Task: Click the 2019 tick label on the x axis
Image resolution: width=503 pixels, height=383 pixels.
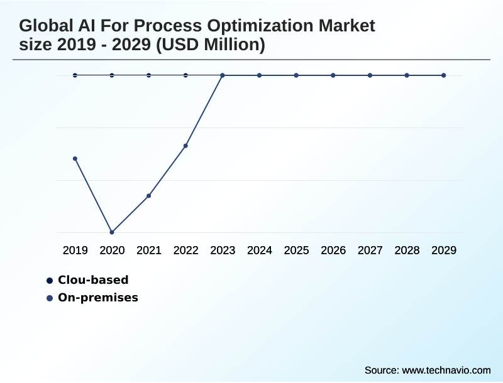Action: pos(75,251)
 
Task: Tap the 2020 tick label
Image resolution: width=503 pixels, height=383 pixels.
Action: pos(112,251)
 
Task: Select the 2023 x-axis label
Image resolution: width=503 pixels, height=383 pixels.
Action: pos(223,251)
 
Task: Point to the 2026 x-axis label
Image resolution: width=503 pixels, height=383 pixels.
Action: pos(333,251)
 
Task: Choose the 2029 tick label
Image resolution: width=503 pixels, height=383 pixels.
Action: pos(444,251)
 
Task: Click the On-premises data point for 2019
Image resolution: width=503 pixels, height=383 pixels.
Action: pos(75,158)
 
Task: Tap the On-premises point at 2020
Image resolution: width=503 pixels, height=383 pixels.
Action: pos(112,232)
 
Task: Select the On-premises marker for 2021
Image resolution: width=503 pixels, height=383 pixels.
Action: pos(149,196)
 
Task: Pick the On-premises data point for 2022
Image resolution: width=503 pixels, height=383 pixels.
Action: pos(185,146)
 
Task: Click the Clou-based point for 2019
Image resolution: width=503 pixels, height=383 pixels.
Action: pos(75,75)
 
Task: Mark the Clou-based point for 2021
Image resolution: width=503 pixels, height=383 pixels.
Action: pos(149,75)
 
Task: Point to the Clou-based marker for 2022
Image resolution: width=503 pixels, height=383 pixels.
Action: pos(185,75)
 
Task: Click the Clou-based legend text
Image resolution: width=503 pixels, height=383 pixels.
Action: pos(93,280)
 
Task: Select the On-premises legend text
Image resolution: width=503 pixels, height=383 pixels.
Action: pos(98,298)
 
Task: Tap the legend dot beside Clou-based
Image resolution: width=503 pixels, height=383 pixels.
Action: pos(50,281)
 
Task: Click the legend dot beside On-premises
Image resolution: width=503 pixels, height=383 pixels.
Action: pos(50,298)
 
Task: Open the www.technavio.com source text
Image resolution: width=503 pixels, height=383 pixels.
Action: pos(446,370)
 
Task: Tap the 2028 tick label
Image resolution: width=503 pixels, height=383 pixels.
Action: pos(407,251)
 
